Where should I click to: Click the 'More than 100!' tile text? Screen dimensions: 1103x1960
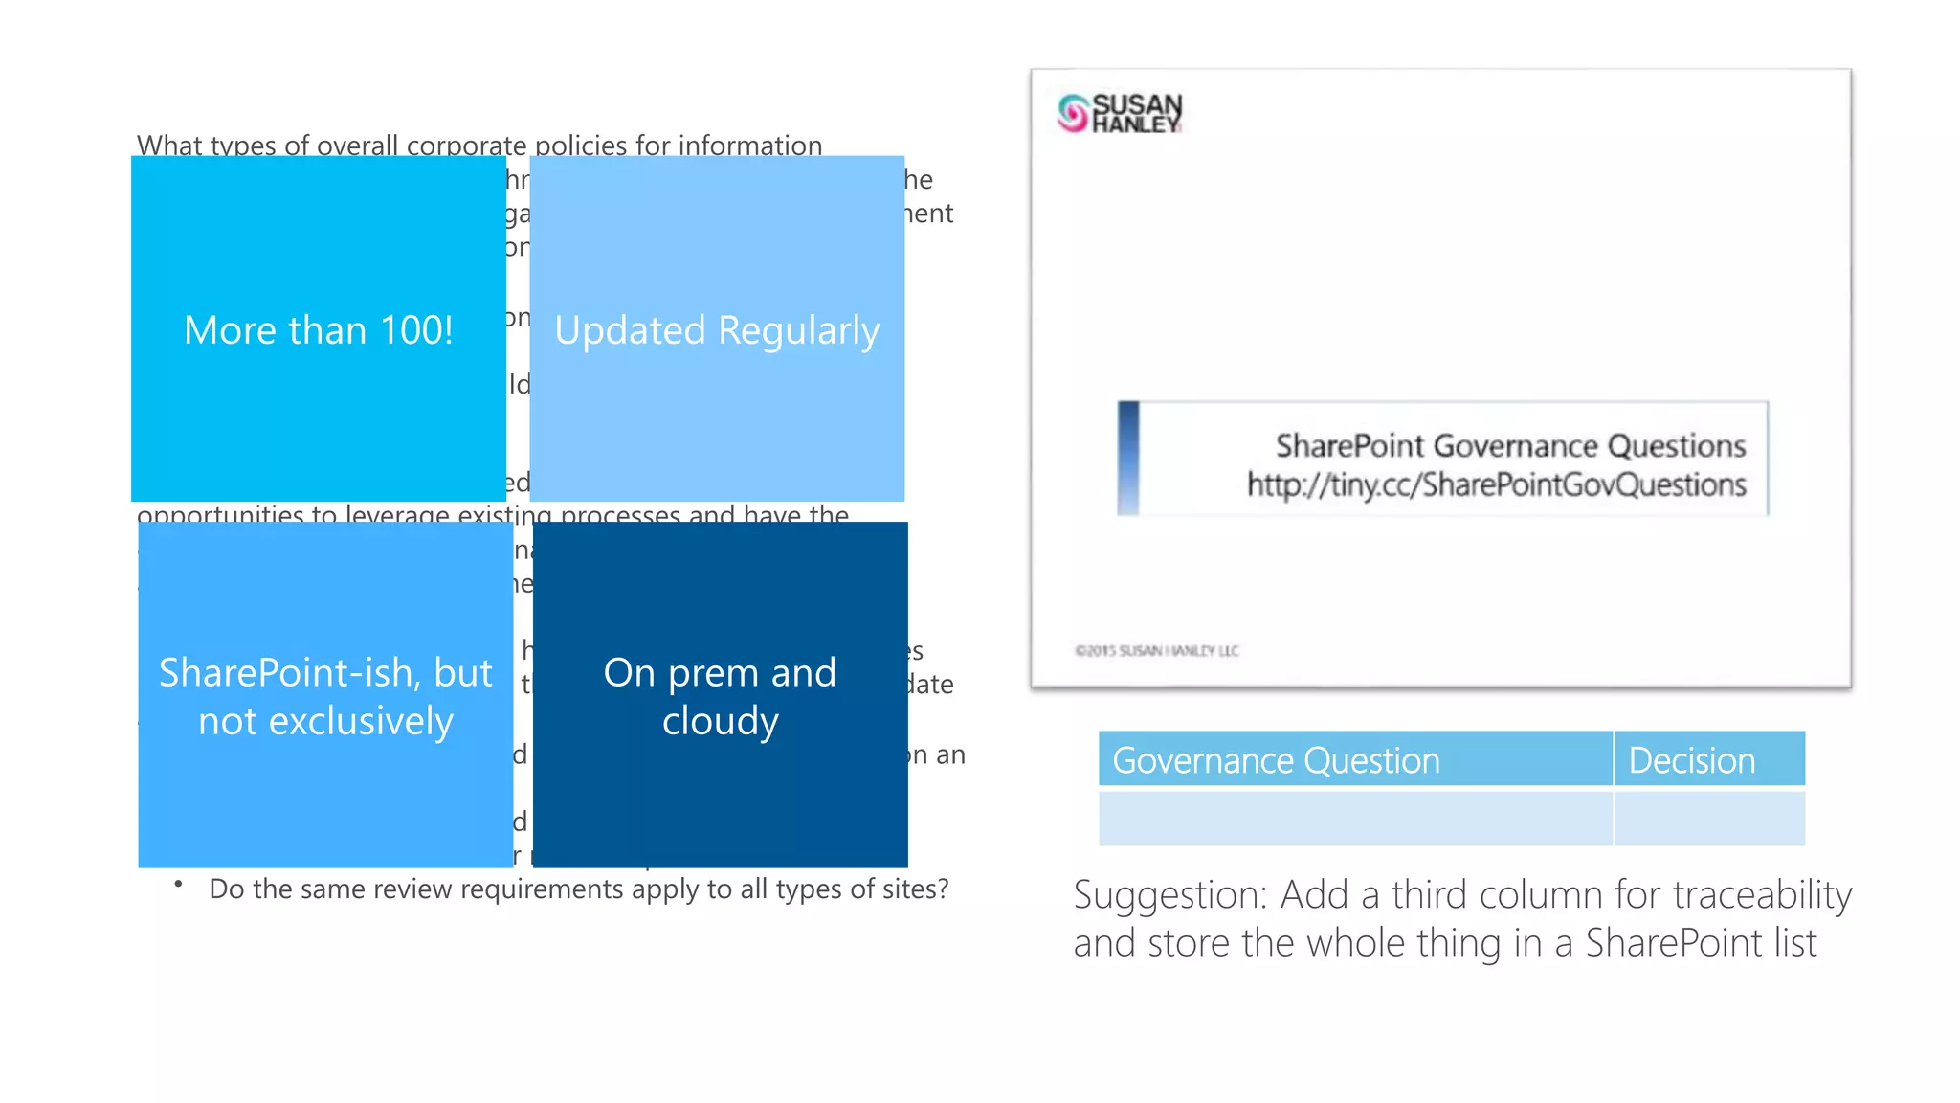coord(318,330)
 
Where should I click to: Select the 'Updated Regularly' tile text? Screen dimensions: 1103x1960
coord(717,330)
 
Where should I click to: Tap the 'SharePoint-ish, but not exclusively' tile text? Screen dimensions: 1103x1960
coord(325,696)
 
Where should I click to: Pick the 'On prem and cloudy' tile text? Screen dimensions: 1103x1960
coord(720,696)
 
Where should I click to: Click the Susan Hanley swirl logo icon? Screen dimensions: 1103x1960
coord(1073,113)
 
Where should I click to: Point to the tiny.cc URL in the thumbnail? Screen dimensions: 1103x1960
coord(1496,485)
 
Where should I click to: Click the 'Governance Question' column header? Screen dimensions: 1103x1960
coord(1276,760)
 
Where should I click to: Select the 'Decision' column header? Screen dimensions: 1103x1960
coord(1692,760)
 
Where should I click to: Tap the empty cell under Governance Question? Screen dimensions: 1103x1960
coord(1354,819)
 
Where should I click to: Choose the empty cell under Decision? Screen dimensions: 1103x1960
coord(1709,819)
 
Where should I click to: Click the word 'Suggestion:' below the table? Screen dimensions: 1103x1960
coord(1169,895)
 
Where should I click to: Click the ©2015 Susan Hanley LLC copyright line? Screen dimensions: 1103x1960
coord(1156,651)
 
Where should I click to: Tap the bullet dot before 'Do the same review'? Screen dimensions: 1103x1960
coord(178,885)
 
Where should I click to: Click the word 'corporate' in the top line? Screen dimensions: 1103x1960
coord(466,146)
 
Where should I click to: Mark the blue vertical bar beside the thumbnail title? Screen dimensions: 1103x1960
coord(1128,458)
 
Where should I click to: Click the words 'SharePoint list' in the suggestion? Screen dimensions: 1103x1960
coord(1701,943)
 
